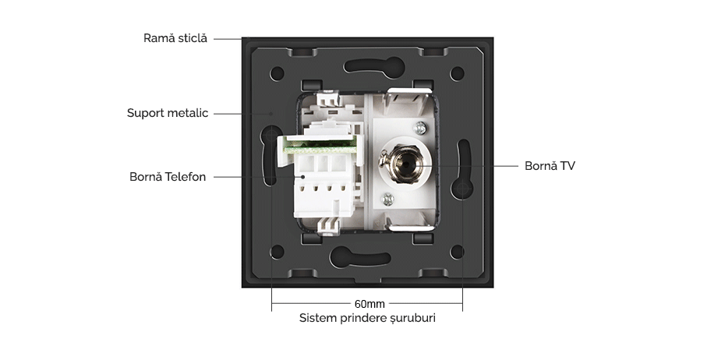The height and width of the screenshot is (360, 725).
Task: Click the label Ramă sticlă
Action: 175,38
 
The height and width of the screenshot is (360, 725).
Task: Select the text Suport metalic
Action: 168,113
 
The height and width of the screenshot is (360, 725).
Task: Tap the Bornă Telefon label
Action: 168,177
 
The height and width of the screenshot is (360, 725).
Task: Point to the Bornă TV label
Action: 550,166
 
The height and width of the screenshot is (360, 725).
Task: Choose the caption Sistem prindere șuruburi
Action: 367,318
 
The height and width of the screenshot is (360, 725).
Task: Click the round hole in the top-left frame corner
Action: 277,75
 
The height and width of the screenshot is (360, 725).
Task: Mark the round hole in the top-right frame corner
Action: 458,75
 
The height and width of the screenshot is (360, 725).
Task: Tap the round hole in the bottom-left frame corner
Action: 277,252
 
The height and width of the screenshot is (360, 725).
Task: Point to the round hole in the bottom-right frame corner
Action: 458,252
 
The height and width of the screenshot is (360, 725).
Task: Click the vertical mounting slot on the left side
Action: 267,160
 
